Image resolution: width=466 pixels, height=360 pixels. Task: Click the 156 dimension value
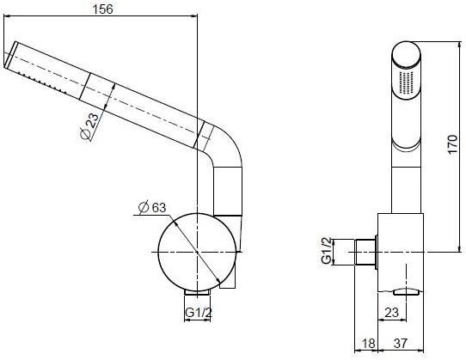coord(103,9)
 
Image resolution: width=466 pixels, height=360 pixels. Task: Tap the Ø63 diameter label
coord(152,206)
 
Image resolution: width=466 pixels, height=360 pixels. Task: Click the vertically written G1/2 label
coord(327,250)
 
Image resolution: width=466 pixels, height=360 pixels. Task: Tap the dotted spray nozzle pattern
coord(407,84)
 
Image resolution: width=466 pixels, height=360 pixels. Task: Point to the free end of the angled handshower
coord(10,59)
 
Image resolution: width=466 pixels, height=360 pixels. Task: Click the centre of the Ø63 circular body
coord(196,251)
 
